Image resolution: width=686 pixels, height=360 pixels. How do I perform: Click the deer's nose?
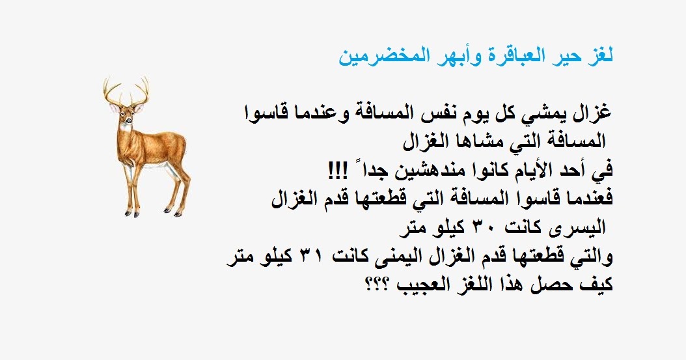[129, 121]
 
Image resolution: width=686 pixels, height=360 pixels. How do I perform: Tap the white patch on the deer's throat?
[126, 128]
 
